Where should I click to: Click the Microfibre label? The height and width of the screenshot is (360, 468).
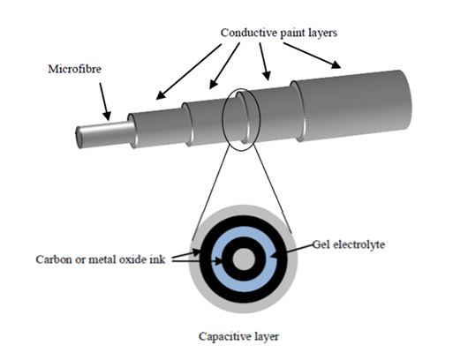click(x=75, y=69)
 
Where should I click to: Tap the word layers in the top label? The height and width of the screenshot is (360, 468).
click(x=322, y=34)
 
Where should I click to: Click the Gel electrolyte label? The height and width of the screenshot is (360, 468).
click(x=349, y=245)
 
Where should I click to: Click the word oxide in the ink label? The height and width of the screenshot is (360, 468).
click(x=130, y=259)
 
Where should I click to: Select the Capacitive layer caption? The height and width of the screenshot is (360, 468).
click(x=238, y=337)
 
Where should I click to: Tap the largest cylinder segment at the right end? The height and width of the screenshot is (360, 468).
click(x=352, y=105)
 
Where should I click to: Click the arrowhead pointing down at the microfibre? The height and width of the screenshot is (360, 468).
click(x=107, y=116)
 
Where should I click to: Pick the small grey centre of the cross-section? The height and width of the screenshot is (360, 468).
click(x=244, y=259)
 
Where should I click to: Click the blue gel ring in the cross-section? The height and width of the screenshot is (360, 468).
click(x=244, y=233)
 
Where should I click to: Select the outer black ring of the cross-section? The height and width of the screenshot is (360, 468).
click(x=244, y=221)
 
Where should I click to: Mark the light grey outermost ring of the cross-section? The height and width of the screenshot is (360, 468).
click(x=244, y=210)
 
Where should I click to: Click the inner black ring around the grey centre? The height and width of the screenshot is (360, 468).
click(x=244, y=243)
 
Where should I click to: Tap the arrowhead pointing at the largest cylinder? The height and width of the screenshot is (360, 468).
click(x=336, y=64)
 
